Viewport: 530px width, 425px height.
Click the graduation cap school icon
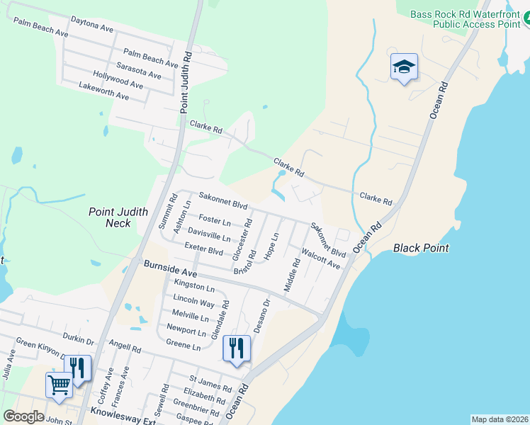pyautogui.click(x=404, y=67)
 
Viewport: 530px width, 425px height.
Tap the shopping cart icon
pyautogui.click(x=59, y=385)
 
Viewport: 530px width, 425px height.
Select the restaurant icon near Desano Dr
pyautogui.click(x=237, y=348)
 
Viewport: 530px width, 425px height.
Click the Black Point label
pyautogui.click(x=422, y=249)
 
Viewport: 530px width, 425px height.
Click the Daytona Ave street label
pyautogui.click(x=92, y=26)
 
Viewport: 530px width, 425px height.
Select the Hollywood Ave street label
pyautogui.click(x=118, y=79)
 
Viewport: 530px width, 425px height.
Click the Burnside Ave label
pyautogui.click(x=169, y=268)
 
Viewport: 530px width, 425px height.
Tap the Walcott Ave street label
pyautogui.click(x=321, y=259)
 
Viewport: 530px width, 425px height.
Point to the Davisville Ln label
pyautogui.click(x=209, y=233)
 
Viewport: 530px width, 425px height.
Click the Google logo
pyautogui.click(x=23, y=416)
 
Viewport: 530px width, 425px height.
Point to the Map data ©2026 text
pyautogui.click(x=500, y=419)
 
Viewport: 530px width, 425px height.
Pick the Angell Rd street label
pyautogui.click(x=125, y=346)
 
